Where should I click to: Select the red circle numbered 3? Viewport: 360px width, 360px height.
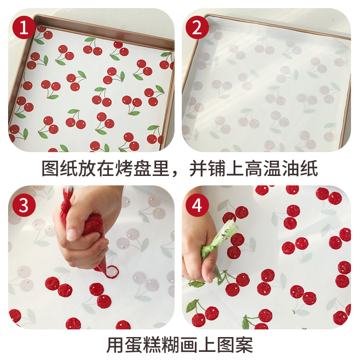(x=24, y=206)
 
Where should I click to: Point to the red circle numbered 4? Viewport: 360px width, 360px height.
(x=197, y=206)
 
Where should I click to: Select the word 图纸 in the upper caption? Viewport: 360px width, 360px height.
(x=59, y=169)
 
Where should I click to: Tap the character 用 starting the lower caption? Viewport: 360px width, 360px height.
(x=116, y=345)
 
